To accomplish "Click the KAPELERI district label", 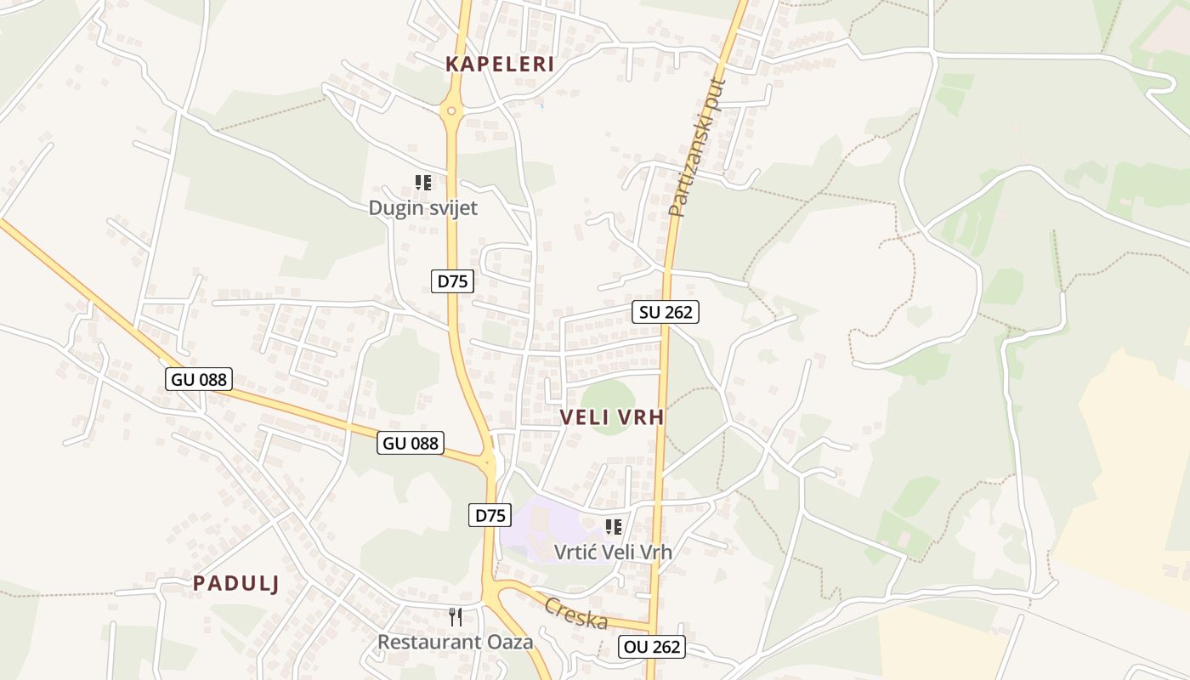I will coord(500,64).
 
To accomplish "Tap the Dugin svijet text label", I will coord(422,207).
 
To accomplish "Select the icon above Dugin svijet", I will coord(423,183).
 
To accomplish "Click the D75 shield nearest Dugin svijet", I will coord(452,281).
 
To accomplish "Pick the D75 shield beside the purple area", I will coord(490,514).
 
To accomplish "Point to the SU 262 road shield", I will coord(666,312).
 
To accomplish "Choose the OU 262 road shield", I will coord(651,646).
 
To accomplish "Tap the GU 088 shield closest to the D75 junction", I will coord(411,442).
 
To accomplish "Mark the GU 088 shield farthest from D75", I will coord(199,379).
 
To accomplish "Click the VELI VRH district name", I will coord(612,417).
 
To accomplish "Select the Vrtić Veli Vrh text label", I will coord(613,552).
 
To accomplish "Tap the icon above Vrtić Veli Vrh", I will coord(614,527).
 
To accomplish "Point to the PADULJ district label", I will coord(236,583).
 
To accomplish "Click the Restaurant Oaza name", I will coord(455,642).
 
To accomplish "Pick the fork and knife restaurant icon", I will coord(456,617).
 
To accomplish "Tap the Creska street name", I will coord(576,613).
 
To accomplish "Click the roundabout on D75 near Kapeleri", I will coord(451,110).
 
